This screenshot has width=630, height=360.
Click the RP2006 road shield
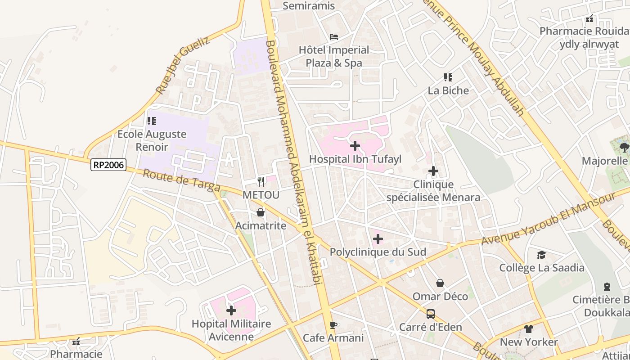[108, 165]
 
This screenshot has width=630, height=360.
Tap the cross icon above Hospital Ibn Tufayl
[355, 146]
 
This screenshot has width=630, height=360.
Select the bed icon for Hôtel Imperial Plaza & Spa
[334, 36]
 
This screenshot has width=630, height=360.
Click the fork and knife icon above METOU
[261, 181]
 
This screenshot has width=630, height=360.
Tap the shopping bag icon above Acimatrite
[261, 212]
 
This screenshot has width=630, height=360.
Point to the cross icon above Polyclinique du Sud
[378, 239]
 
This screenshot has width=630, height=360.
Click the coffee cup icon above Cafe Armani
[333, 325]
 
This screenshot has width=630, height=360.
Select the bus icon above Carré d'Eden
[431, 314]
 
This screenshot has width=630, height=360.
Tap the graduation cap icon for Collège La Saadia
[541, 255]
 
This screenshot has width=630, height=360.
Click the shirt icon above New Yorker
[529, 329]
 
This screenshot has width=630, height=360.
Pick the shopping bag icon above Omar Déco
[440, 283]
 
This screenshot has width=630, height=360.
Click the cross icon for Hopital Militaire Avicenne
[231, 310]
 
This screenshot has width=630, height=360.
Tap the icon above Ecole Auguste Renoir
[152, 121]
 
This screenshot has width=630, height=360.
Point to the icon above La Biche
[448, 77]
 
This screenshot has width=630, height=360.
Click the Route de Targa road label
[181, 180]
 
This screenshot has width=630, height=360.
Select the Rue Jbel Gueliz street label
[182, 66]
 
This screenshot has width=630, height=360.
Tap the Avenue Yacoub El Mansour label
[548, 219]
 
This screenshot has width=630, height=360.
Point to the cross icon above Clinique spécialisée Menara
[433, 171]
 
